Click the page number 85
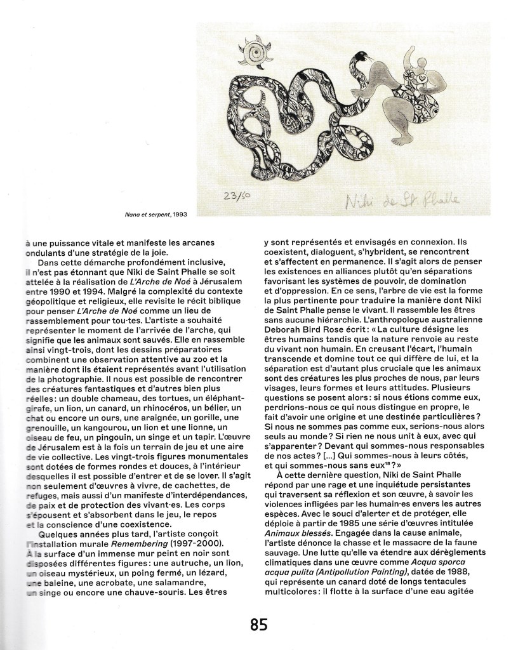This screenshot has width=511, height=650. [x=258, y=625]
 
